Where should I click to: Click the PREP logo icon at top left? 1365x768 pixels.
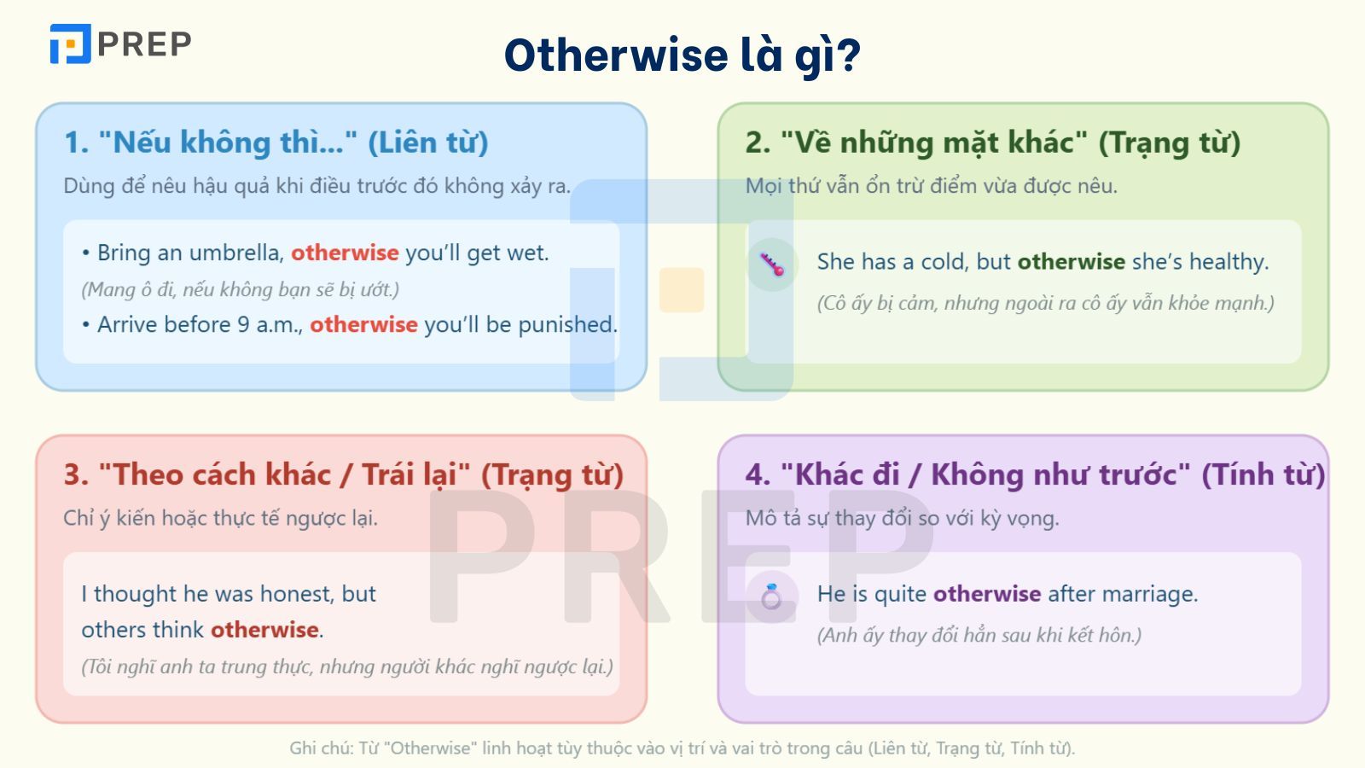[70, 44]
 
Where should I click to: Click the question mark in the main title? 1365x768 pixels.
[848, 55]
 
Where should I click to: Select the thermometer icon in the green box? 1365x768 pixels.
[772, 265]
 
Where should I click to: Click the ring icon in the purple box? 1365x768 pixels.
[771, 596]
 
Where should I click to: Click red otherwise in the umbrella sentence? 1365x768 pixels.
[345, 253]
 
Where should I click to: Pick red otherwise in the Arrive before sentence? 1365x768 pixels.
[363, 324]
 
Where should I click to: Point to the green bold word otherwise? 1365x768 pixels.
[1071, 261]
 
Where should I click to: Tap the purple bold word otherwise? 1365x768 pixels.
[986, 593]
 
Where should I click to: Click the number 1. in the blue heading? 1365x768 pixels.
[76, 143]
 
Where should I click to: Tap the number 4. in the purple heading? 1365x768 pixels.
[758, 474]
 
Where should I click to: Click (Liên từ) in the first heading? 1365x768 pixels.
[427, 143]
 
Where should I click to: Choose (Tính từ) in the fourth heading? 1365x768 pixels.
[1263, 474]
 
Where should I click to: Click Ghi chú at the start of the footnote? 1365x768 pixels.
[321, 748]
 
